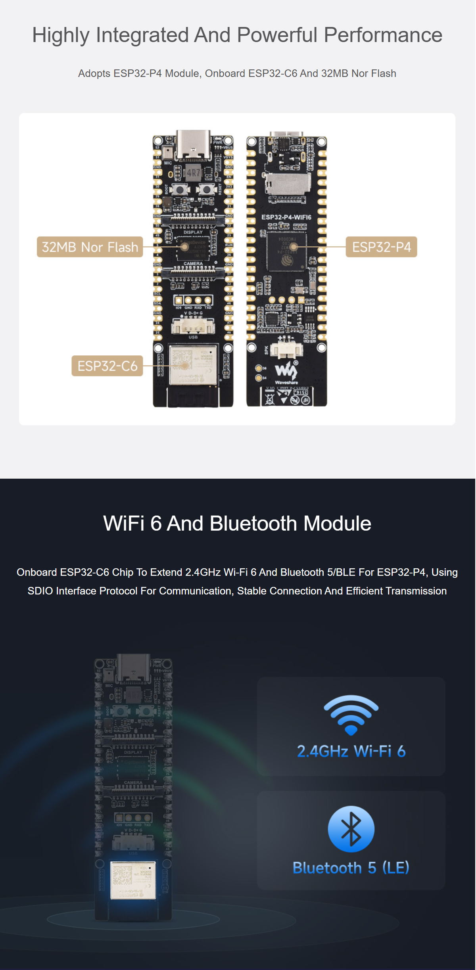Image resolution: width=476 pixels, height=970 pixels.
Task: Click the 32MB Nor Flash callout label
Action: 90,247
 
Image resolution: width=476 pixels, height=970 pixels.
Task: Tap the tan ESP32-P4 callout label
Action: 381,247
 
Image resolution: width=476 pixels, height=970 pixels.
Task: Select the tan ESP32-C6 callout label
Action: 107,366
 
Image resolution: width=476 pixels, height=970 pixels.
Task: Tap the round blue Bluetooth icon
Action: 351,829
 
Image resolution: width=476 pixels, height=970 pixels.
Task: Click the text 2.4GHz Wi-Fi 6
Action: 351,751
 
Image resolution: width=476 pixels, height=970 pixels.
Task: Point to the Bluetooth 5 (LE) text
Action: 351,868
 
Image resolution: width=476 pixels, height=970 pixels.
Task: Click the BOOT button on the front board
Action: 180,190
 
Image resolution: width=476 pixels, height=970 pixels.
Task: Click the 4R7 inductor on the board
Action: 194,173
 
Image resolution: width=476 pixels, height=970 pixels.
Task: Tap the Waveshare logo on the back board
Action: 286,372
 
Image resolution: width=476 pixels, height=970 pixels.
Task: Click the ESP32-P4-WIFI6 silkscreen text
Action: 286,217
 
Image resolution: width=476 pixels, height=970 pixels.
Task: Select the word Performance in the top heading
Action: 383,35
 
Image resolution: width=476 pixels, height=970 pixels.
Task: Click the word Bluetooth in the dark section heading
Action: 253,523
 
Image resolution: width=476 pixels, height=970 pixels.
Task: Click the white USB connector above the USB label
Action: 193,327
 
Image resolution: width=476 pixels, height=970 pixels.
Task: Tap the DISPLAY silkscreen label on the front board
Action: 193,232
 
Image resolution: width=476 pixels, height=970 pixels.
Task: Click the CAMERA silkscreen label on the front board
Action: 193,264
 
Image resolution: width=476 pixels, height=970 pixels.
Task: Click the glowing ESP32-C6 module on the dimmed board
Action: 133,880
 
